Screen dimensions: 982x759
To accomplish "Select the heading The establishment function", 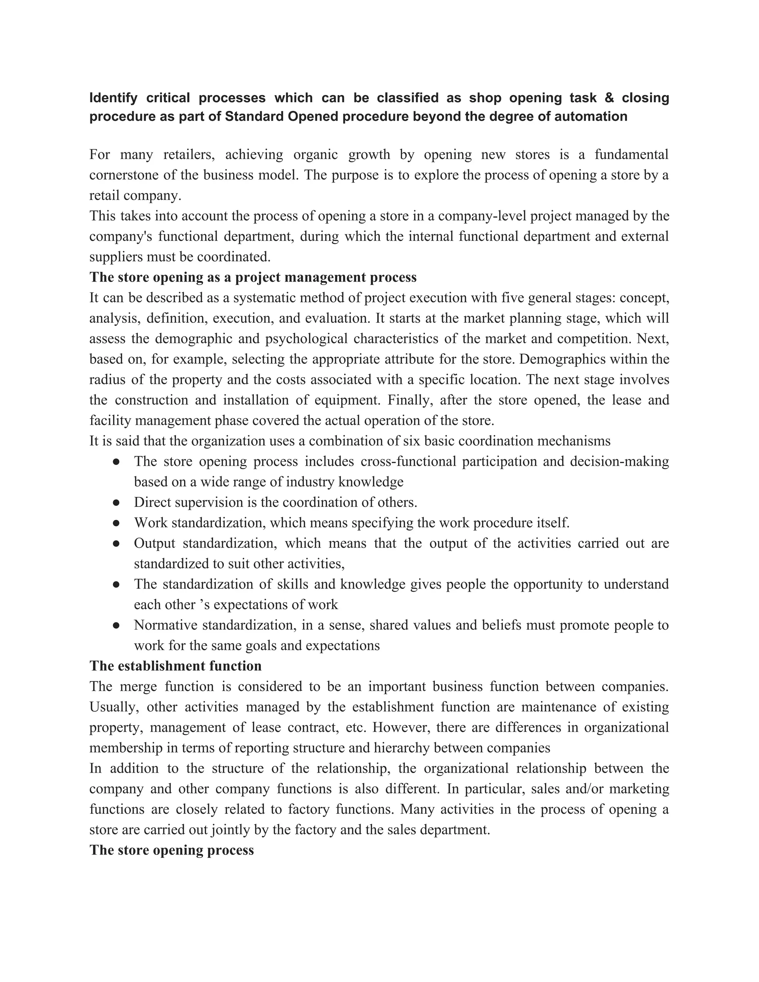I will pyautogui.click(x=175, y=666).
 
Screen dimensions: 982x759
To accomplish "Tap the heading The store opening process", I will pyautogui.click(x=172, y=850).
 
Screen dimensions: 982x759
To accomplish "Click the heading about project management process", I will pyautogui.click(x=253, y=277).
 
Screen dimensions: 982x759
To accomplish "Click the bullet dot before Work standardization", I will pyautogui.click(x=116, y=523).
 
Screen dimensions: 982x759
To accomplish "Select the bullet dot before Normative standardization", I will pyautogui.click(x=116, y=626).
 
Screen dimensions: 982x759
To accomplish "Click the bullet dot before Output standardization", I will pyautogui.click(x=116, y=544).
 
